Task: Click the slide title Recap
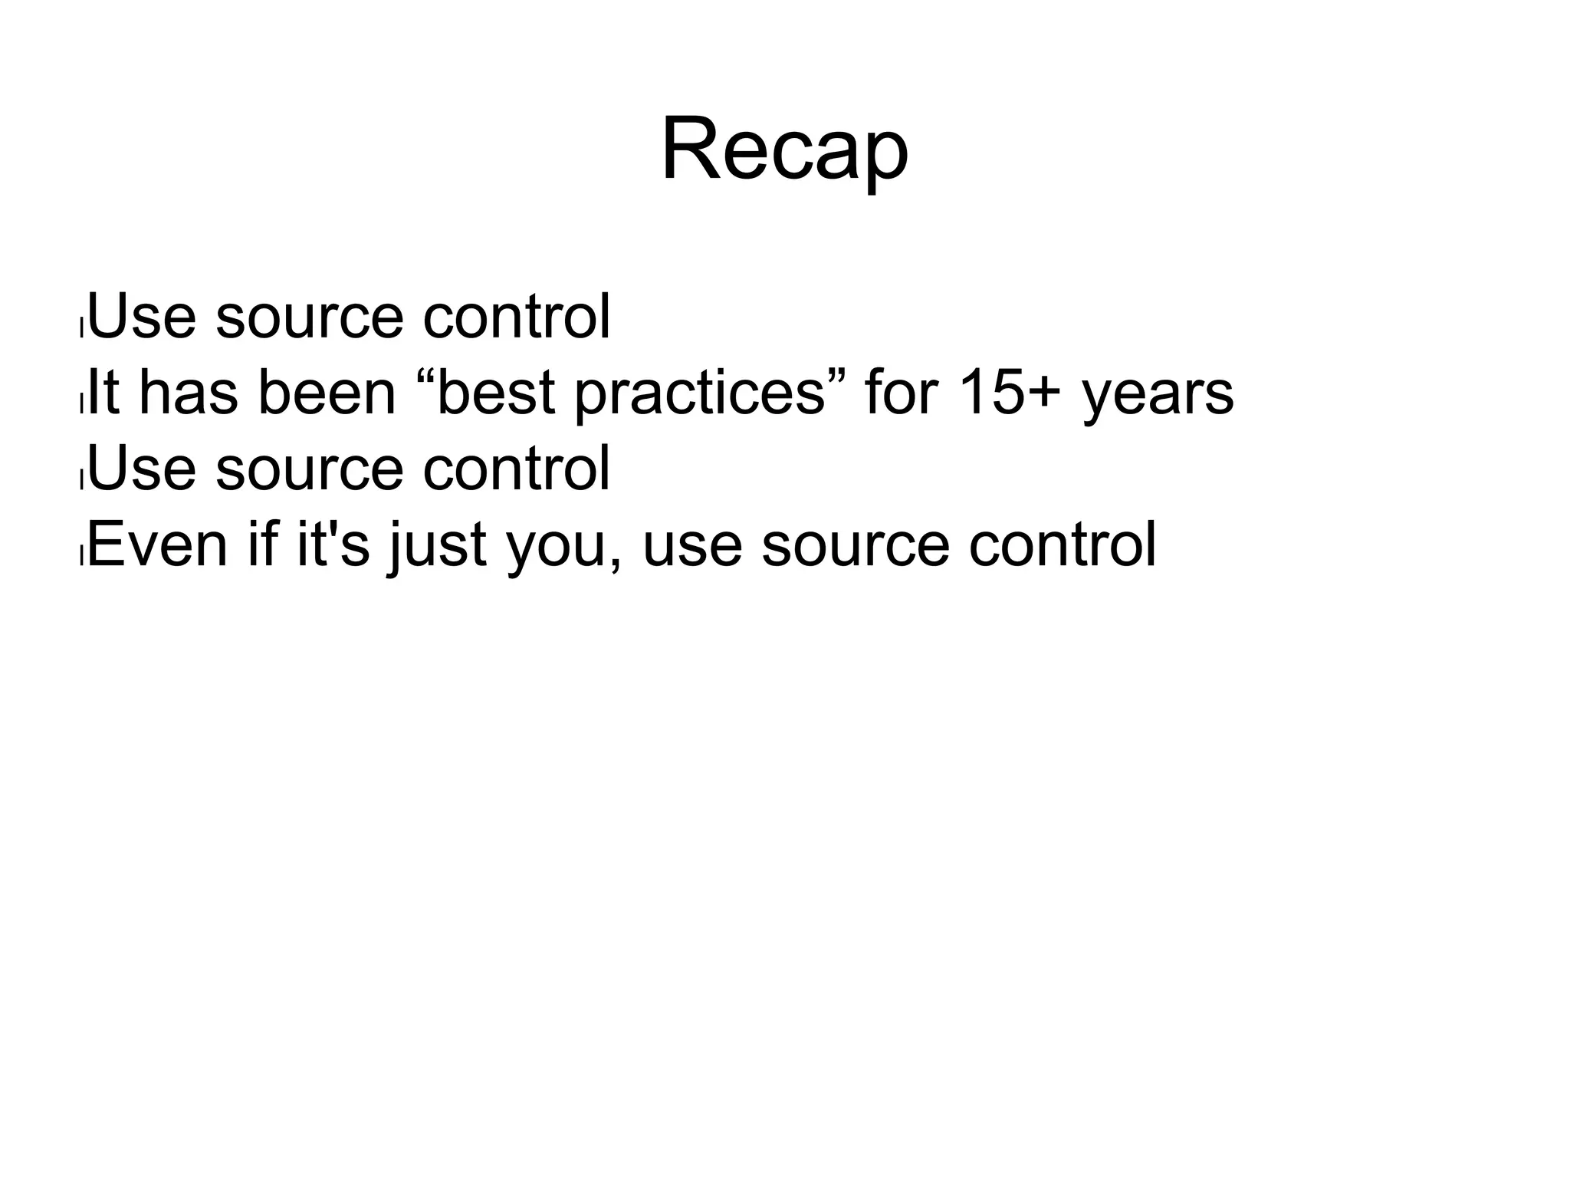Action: [x=784, y=150]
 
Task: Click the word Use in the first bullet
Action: [x=143, y=316]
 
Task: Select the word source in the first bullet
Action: [x=309, y=316]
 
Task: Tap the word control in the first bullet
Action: [x=516, y=316]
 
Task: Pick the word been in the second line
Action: [x=327, y=393]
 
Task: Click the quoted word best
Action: [x=494, y=393]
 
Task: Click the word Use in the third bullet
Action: [x=143, y=469]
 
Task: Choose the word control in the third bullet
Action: [x=516, y=469]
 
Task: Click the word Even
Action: [x=158, y=545]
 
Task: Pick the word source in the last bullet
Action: [x=856, y=545]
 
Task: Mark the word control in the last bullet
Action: [x=1062, y=545]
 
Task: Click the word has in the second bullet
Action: [x=189, y=393]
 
